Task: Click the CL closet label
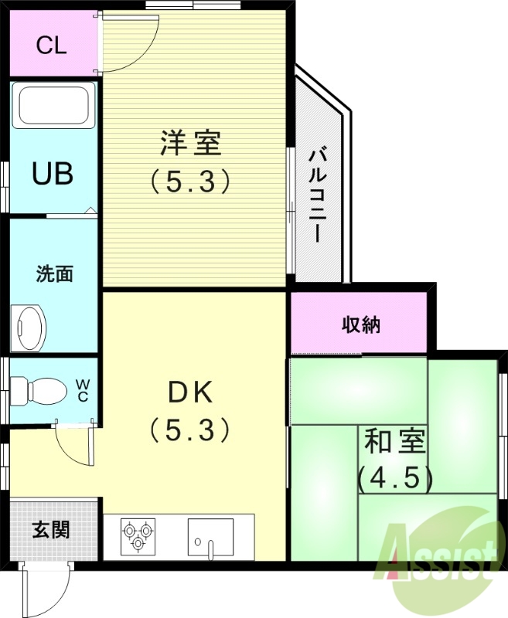(52, 45)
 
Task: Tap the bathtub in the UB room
(53, 107)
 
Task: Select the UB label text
(53, 174)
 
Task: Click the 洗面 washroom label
(54, 273)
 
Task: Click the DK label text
(190, 394)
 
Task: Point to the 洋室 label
(190, 144)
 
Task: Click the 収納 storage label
(361, 324)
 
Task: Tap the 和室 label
(394, 443)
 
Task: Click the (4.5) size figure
(394, 479)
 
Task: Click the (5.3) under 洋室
(190, 182)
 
